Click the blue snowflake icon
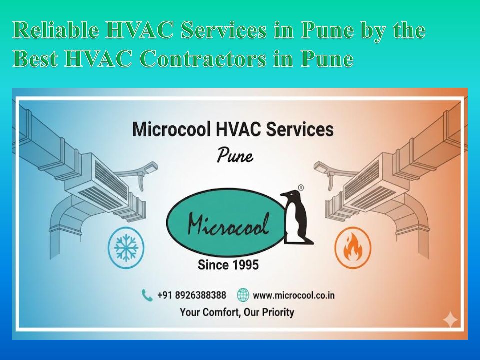tap(126, 247)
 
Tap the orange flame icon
tap(353, 247)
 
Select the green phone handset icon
tap(147, 295)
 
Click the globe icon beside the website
tap(243, 295)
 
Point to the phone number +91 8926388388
tap(191, 295)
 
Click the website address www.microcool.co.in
tap(294, 295)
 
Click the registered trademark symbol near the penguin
tap(301, 188)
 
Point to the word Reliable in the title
tap(56, 30)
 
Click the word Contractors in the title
tap(204, 58)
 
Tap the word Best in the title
tap(35, 58)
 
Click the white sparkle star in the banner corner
tap(450, 320)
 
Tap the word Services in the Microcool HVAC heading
tap(300, 129)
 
